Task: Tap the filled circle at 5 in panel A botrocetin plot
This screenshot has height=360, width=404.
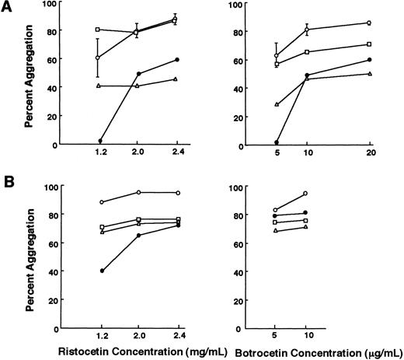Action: point(277,142)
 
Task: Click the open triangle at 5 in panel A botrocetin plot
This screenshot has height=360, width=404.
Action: point(277,104)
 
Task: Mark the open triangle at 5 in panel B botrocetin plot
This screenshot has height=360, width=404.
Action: point(277,231)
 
